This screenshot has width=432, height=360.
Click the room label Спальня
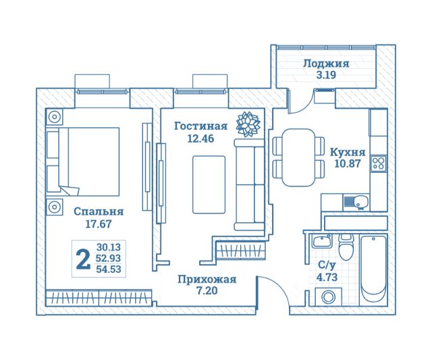[x=99, y=211]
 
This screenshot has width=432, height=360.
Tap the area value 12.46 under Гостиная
[x=200, y=138]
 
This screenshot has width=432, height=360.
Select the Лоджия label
[x=326, y=63]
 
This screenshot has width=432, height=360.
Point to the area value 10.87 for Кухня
[x=348, y=163]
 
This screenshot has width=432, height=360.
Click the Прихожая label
[x=207, y=279]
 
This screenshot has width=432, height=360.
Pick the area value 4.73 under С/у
[x=327, y=277]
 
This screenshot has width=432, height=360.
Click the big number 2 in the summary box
[x=83, y=259]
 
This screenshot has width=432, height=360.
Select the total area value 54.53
[x=109, y=269]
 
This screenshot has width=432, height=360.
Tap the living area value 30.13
[x=109, y=247]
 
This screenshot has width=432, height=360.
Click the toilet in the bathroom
[x=346, y=247]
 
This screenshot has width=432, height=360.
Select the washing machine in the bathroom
[x=328, y=297]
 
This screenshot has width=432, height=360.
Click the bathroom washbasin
[x=322, y=242]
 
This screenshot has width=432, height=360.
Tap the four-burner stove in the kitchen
[x=379, y=163]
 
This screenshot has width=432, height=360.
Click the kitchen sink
[x=356, y=202]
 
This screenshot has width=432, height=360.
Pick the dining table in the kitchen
[x=298, y=157]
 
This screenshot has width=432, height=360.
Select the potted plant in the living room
[x=248, y=124]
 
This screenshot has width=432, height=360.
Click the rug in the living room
[x=209, y=184]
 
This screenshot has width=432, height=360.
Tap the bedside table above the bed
[x=54, y=117]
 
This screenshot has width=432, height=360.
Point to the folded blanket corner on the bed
[x=70, y=190]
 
